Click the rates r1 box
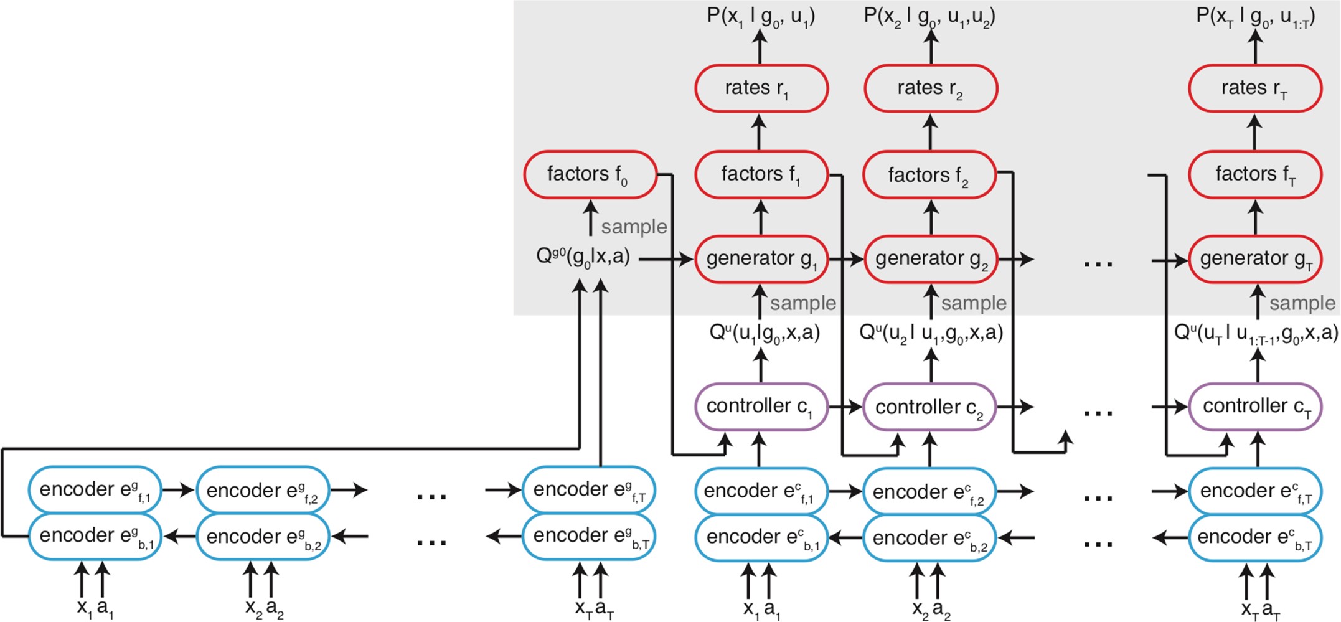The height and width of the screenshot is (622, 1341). point(761,88)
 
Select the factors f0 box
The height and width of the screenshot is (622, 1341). point(590,174)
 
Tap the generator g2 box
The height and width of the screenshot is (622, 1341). point(930,259)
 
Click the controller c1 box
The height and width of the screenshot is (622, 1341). point(761,407)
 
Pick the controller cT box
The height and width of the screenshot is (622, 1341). point(1255,407)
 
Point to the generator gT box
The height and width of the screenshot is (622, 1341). point(1255,259)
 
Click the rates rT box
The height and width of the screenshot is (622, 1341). point(1255,88)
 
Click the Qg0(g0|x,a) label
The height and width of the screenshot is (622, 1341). point(583,257)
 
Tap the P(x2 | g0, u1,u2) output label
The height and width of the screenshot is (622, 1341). point(929,17)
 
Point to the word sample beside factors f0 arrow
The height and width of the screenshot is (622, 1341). point(634,227)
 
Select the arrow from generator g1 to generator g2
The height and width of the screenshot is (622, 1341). point(845,259)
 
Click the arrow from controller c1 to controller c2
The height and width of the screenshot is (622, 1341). point(845,407)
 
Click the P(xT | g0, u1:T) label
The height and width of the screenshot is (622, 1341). point(1255,17)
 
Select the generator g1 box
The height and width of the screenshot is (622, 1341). point(761,259)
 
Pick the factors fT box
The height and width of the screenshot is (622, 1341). point(1255,174)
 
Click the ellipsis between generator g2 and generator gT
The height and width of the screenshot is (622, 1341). point(1098,264)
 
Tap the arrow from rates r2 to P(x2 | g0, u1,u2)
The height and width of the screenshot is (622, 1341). point(931,46)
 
